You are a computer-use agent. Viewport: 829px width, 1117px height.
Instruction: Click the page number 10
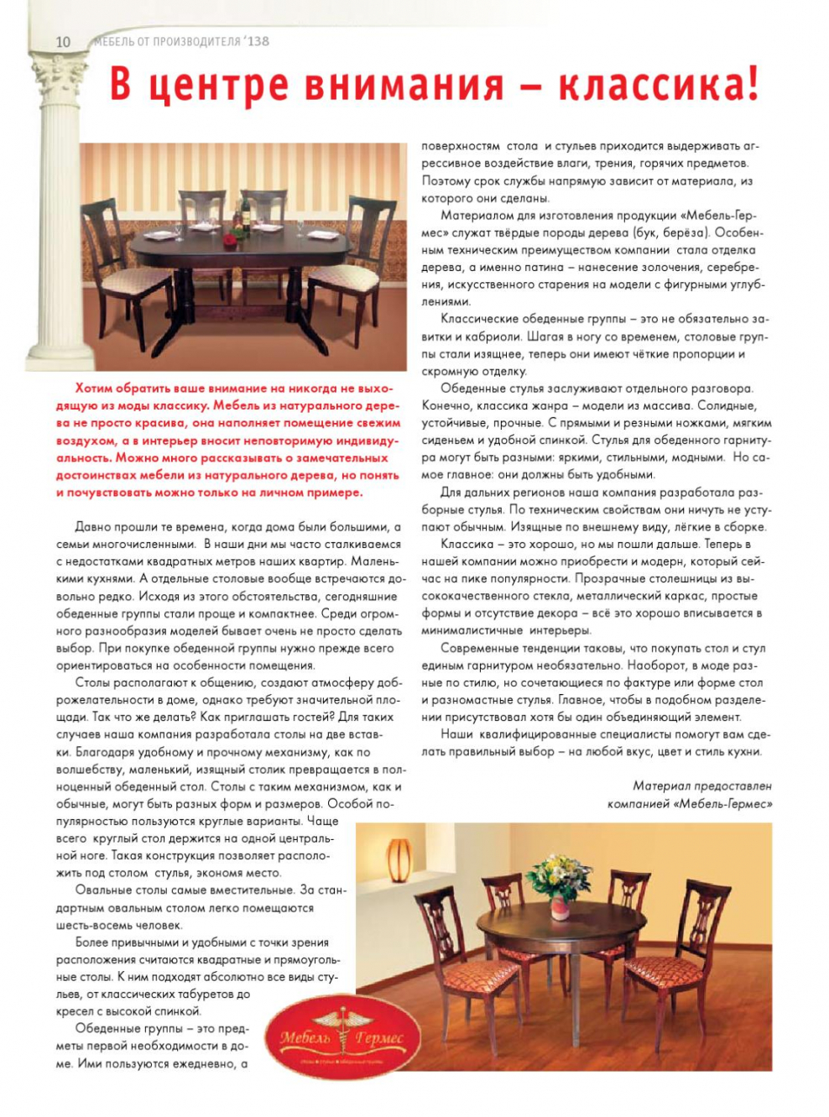pos(64,42)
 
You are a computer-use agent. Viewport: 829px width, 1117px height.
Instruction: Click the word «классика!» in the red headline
pos(660,86)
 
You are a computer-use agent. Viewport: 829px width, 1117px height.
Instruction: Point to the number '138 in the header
pos(257,41)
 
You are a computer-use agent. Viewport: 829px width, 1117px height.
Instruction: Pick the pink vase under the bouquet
pos(559,906)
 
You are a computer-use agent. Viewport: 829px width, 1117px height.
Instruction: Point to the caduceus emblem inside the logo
pos(342,1028)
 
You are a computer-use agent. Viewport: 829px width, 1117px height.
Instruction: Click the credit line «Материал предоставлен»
pos(701,786)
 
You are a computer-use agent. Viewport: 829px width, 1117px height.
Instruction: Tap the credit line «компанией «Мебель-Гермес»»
pos(690,804)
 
